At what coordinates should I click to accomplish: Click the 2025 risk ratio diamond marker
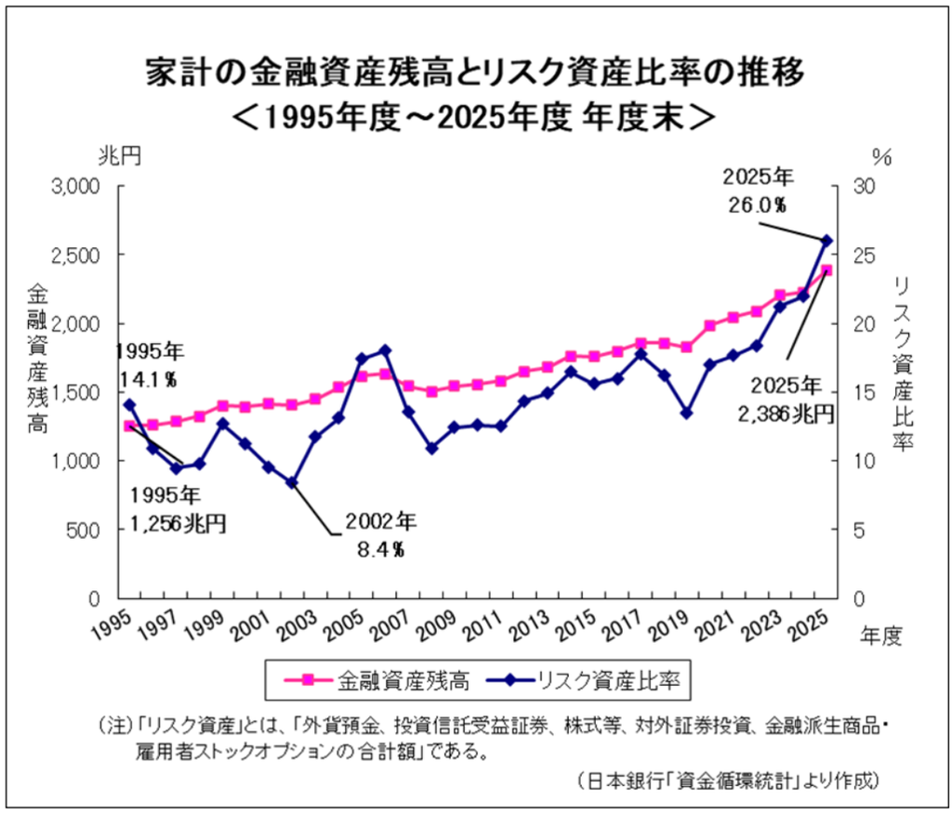point(826,241)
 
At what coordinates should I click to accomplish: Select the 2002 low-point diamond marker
point(292,482)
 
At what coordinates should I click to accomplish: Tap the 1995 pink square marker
point(128,426)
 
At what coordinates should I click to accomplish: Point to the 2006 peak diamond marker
point(385,350)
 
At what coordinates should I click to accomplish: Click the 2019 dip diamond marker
point(687,413)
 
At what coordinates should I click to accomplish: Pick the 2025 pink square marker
point(826,270)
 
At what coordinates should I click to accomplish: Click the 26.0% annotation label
point(758,205)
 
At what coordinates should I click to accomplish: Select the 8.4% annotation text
point(380,549)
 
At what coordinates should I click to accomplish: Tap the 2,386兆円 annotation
point(786,414)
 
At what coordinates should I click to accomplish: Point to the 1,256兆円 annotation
point(178,522)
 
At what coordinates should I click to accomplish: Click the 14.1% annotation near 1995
point(148,379)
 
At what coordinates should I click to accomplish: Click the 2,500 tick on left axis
point(75,255)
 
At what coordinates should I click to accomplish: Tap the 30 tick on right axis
point(864,186)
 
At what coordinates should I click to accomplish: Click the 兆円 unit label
point(120,156)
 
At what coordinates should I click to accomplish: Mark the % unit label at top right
point(881,157)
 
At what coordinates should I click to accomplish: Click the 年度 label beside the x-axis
point(881,636)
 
